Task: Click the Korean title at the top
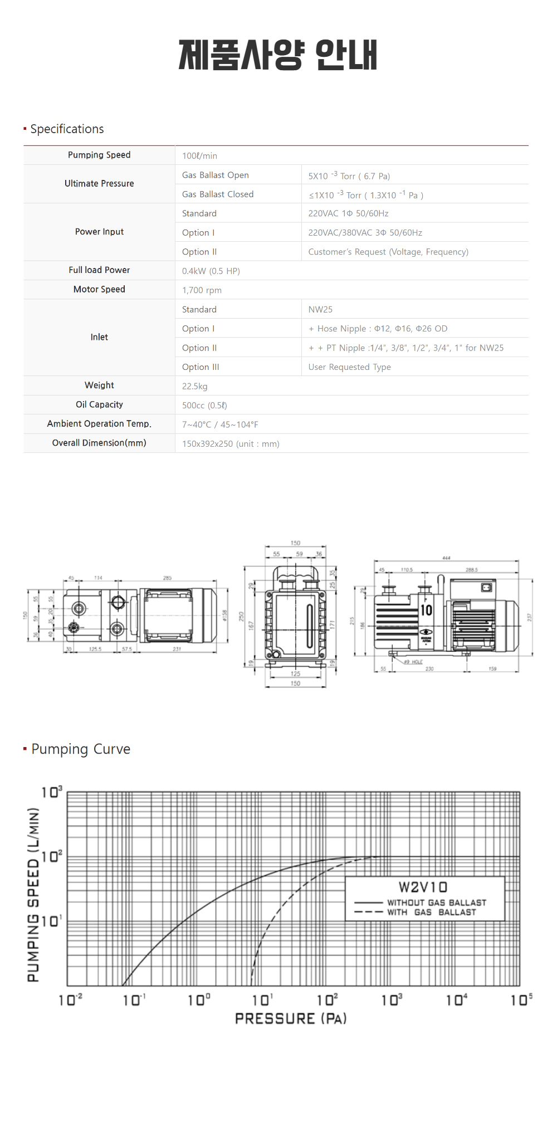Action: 277,55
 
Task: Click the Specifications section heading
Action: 67,129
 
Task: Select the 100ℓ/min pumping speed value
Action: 199,156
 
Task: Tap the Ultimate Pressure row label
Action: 99,184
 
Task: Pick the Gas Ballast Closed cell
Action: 218,194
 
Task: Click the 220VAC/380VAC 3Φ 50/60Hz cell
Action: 365,233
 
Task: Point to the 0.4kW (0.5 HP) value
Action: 211,271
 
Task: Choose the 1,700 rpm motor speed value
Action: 202,290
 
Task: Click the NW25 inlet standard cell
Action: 320,310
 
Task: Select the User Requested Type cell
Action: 349,367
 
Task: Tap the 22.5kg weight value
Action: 194,387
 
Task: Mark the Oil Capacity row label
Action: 99,405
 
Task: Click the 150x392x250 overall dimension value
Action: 231,444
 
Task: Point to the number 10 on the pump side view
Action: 426,610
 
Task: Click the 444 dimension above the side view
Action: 446,558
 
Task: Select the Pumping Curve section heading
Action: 81,749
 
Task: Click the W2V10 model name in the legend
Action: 423,887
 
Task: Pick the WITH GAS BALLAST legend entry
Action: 432,913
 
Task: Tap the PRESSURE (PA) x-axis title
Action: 291,1019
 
